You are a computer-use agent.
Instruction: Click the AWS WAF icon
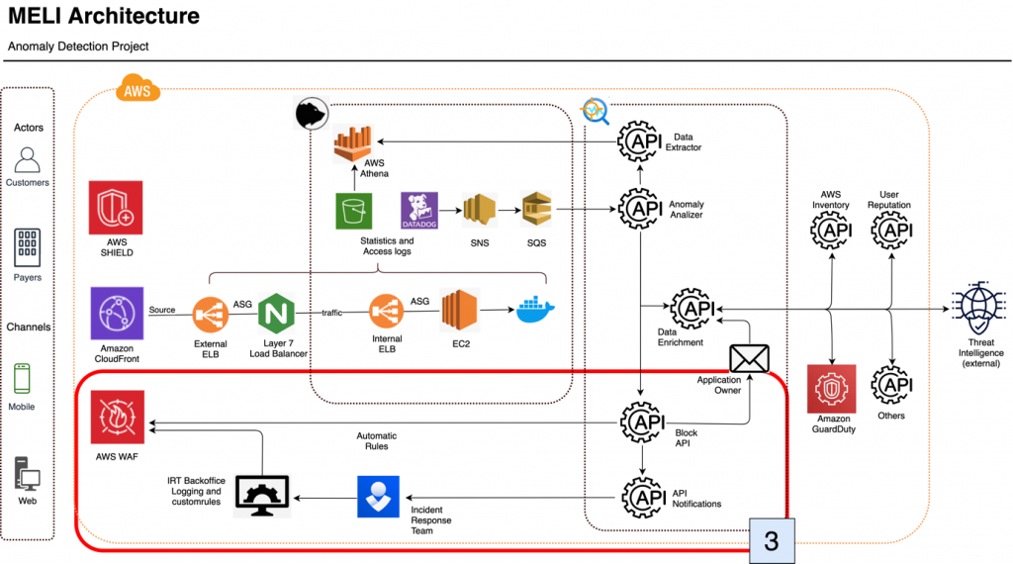(118, 419)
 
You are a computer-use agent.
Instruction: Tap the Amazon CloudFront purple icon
(118, 315)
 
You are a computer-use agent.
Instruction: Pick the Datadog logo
(418, 211)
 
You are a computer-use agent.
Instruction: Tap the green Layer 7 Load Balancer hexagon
(278, 315)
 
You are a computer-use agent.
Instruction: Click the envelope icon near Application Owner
(749, 359)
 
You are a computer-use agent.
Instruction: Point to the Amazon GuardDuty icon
(834, 391)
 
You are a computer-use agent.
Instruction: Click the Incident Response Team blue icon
(378, 496)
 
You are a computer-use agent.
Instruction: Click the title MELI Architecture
(104, 17)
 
